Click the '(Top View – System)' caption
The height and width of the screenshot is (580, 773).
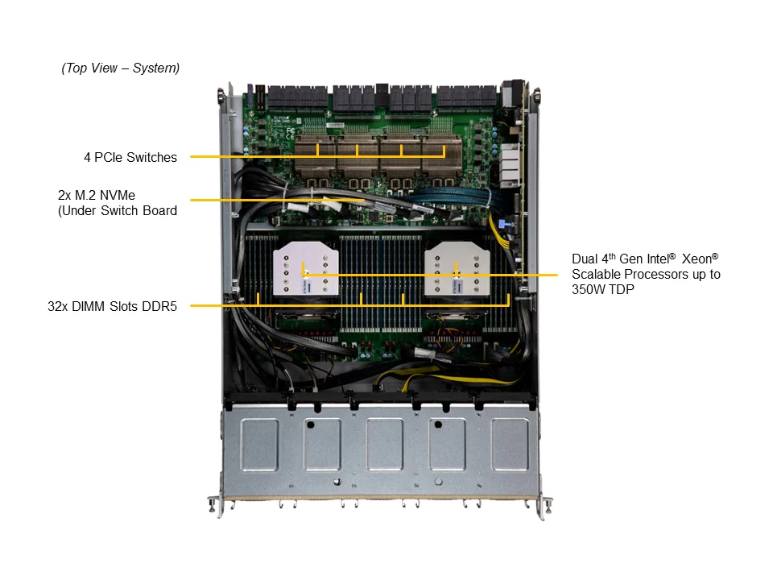(x=120, y=68)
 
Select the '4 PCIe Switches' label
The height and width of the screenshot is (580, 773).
(x=130, y=157)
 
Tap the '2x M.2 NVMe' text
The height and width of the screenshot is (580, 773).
(x=97, y=195)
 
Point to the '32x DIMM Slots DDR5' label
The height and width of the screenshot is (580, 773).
(x=112, y=306)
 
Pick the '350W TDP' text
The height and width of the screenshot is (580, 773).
(x=603, y=289)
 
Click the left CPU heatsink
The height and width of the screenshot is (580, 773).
(x=306, y=269)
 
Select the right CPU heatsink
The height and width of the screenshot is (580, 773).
(x=457, y=269)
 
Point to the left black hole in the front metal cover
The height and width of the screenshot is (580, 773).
(x=310, y=425)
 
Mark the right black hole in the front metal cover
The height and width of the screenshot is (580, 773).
(x=438, y=425)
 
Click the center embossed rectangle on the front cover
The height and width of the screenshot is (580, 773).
(x=385, y=444)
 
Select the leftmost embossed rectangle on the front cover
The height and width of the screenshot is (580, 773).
(x=259, y=444)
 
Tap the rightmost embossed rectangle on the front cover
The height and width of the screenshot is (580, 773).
(x=510, y=444)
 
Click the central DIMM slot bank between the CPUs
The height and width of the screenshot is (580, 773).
(x=381, y=284)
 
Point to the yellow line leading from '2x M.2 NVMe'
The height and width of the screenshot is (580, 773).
(x=278, y=201)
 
